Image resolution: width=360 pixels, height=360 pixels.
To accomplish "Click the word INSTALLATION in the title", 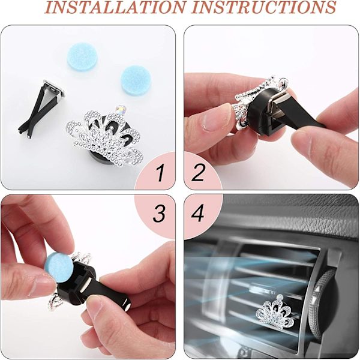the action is (115, 7).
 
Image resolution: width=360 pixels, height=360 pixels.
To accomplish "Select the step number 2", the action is (197, 173).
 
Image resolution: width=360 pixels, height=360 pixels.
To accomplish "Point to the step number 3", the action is (159, 214).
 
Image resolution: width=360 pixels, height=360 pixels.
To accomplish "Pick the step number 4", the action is (197, 214).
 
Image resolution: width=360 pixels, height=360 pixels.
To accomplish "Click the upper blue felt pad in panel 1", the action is (82, 57).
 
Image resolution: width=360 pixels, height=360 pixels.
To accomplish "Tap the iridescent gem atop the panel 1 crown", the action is (121, 110).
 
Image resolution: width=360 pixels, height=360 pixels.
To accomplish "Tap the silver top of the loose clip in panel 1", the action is (53, 89).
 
